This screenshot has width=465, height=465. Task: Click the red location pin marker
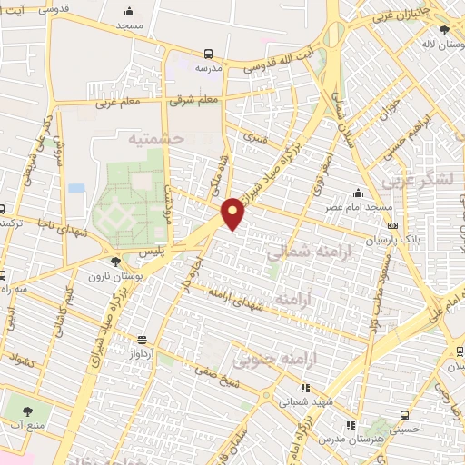233,213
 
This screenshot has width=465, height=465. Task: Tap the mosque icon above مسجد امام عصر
360,193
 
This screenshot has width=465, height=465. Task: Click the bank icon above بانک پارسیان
392,226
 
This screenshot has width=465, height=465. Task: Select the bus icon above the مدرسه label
209,54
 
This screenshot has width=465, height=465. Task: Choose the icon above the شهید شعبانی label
304,388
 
